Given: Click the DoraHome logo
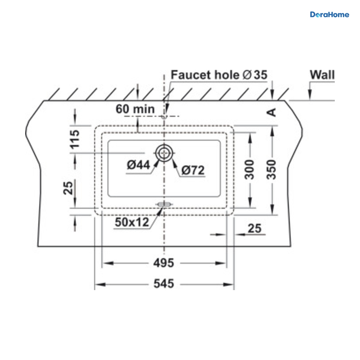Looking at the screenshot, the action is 329,15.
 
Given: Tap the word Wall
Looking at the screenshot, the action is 322,75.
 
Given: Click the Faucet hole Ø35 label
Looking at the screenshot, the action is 219,75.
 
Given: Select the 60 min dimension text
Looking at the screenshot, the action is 135,109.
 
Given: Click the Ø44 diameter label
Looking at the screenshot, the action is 138,165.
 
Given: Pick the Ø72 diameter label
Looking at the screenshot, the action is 193,170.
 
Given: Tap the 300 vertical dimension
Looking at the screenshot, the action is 249,169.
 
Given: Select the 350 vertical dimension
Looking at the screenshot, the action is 271,169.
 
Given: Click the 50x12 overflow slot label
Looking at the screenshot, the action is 132,222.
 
